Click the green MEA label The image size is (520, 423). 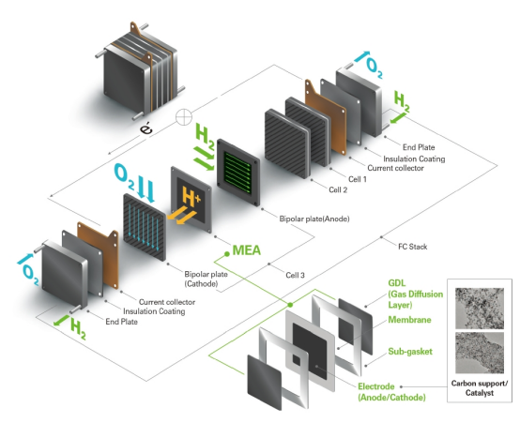[247, 250]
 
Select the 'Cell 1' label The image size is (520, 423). [358, 179]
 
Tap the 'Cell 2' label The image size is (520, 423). [338, 190]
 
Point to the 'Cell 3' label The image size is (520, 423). [295, 275]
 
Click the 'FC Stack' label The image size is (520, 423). [413, 247]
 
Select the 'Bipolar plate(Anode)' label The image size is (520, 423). [314, 219]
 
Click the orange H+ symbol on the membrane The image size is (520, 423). [191, 197]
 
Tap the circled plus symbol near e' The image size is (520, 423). [184, 117]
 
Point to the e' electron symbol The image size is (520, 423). [145, 128]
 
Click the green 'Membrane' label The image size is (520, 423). [409, 320]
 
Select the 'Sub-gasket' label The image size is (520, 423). [410, 352]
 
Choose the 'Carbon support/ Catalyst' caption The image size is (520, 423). [480, 388]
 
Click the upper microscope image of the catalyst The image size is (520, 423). [480, 309]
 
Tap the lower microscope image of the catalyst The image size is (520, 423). [480, 353]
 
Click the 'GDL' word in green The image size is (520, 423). [397, 283]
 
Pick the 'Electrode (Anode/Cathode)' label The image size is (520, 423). [391, 392]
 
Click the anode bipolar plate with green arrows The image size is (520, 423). [238, 173]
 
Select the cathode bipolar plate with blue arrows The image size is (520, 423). [145, 227]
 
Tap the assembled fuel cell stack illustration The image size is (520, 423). [140, 71]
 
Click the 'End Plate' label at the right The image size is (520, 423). [419, 147]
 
